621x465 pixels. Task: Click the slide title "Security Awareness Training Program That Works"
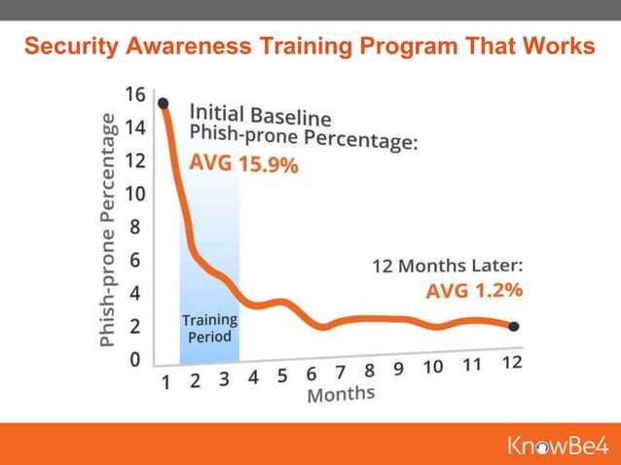click(x=310, y=47)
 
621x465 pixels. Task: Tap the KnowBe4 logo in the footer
click(x=557, y=447)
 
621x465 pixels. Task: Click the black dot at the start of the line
click(x=163, y=103)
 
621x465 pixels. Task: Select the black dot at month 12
click(x=513, y=327)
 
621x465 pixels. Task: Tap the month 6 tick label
click(x=311, y=375)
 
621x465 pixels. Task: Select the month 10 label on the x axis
click(x=432, y=368)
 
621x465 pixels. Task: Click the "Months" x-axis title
click(x=341, y=394)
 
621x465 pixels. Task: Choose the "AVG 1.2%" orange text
click(x=474, y=290)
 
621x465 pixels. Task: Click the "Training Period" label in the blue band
click(x=209, y=329)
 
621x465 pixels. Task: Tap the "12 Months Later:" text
click(x=448, y=265)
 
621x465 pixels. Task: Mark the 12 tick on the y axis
click(x=134, y=161)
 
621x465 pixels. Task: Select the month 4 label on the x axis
click(x=253, y=378)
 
